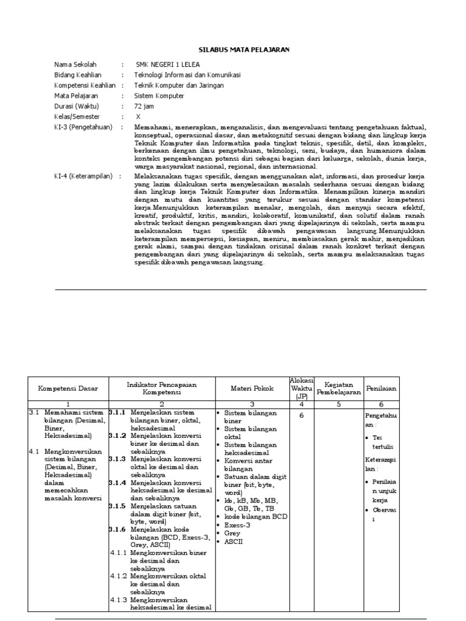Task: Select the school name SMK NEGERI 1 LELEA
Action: (x=167, y=65)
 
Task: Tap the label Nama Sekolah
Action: (x=75, y=65)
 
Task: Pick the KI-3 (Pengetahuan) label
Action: (x=84, y=127)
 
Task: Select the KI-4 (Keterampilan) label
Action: (x=85, y=176)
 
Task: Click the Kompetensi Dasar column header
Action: (x=68, y=388)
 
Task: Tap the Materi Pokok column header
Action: (x=252, y=388)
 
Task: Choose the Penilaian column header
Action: (x=381, y=388)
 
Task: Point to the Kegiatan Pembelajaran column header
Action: (x=339, y=388)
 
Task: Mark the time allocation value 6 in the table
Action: (x=301, y=416)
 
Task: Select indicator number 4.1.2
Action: (x=119, y=577)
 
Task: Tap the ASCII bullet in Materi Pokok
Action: (x=233, y=542)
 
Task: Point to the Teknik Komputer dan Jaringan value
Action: (x=179, y=86)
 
